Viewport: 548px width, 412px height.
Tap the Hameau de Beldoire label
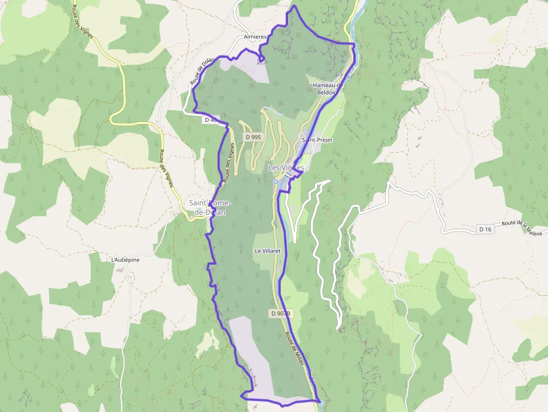click(328, 88)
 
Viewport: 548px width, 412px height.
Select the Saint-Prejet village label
click(317, 140)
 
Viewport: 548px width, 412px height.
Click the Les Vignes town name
click(286, 167)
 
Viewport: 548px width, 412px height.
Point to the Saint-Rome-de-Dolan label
click(206, 207)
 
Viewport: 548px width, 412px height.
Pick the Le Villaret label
click(267, 252)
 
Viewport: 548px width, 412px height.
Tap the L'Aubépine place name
click(125, 259)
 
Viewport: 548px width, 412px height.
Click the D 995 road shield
click(253, 137)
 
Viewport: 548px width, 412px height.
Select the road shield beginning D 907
click(280, 314)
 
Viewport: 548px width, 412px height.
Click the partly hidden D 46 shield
click(211, 120)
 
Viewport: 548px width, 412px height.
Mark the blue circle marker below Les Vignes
click(276, 182)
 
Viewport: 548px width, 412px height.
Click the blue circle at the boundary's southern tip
click(322, 402)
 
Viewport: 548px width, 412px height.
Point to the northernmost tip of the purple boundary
click(294, 7)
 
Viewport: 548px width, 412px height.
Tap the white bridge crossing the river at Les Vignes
click(289, 174)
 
